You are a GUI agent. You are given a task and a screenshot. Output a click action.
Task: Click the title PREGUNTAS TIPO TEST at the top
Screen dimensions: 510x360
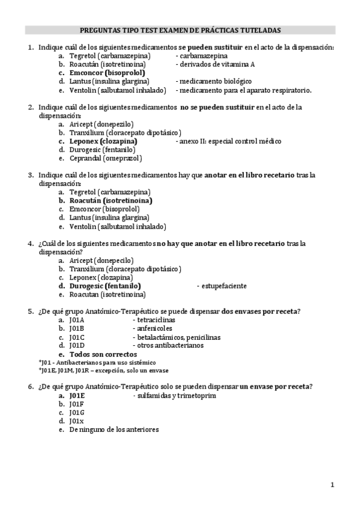click(180, 29)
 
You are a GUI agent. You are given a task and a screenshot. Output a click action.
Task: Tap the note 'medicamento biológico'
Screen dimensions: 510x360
click(213, 81)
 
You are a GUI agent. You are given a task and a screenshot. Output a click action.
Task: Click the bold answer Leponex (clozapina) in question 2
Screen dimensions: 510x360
click(103, 141)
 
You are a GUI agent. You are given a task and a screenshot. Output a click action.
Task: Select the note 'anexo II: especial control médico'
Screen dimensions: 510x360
click(228, 141)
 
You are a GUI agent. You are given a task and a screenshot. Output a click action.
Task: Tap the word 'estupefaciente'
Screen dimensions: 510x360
click(222, 286)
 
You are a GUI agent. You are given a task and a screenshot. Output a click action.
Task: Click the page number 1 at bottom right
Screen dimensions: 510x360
click(332, 484)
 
